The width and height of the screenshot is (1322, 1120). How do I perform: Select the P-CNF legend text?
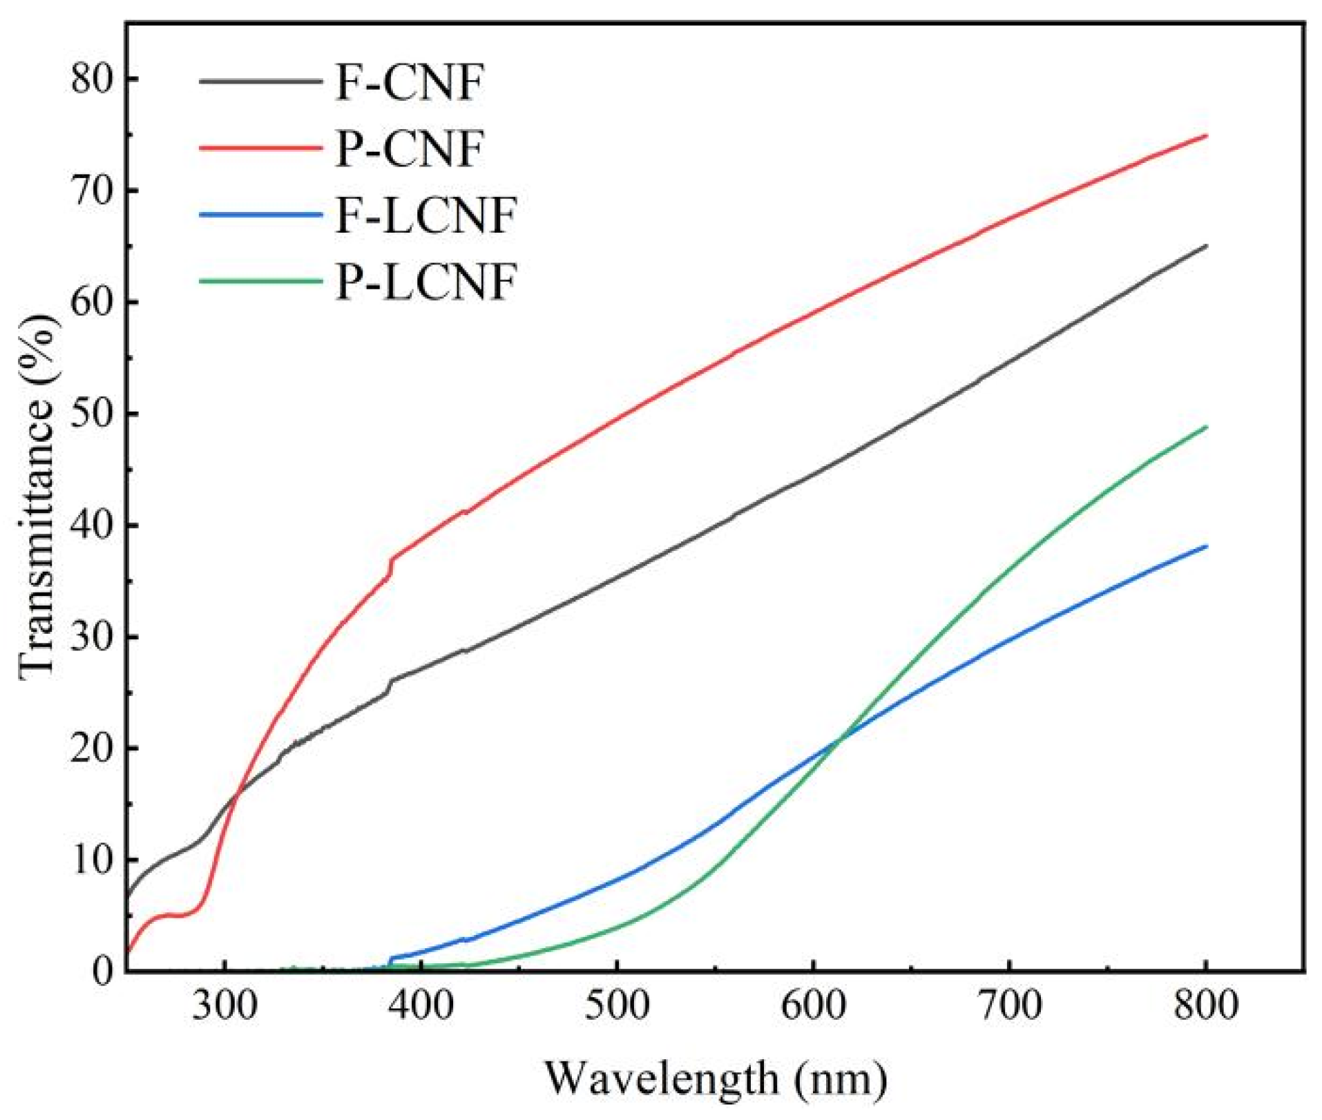pos(409,149)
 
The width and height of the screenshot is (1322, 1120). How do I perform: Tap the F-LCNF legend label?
pos(425,215)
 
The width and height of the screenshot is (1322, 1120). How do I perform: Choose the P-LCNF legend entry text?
pos(425,282)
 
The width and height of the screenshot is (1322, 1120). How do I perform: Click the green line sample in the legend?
pos(260,281)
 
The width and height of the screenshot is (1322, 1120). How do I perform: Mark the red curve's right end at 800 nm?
pos(1205,136)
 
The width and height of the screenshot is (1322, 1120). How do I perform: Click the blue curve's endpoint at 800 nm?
pos(1205,546)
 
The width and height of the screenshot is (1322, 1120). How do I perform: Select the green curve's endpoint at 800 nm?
pos(1205,427)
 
